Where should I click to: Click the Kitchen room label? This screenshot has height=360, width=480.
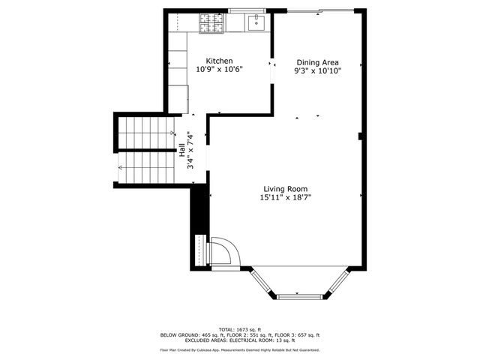[x=220, y=61]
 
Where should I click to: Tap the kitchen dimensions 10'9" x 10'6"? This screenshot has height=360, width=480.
[x=220, y=70]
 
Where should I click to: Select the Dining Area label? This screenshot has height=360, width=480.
[x=318, y=62]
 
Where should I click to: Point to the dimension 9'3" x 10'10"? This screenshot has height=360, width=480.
[x=318, y=71]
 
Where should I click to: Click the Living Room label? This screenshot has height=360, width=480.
[x=285, y=189]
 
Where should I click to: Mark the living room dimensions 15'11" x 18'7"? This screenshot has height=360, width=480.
[x=285, y=198]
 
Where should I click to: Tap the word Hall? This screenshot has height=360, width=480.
[x=182, y=149]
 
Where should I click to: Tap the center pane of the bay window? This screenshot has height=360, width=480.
[x=298, y=293]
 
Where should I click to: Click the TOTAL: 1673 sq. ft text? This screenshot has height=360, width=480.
[x=240, y=329]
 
